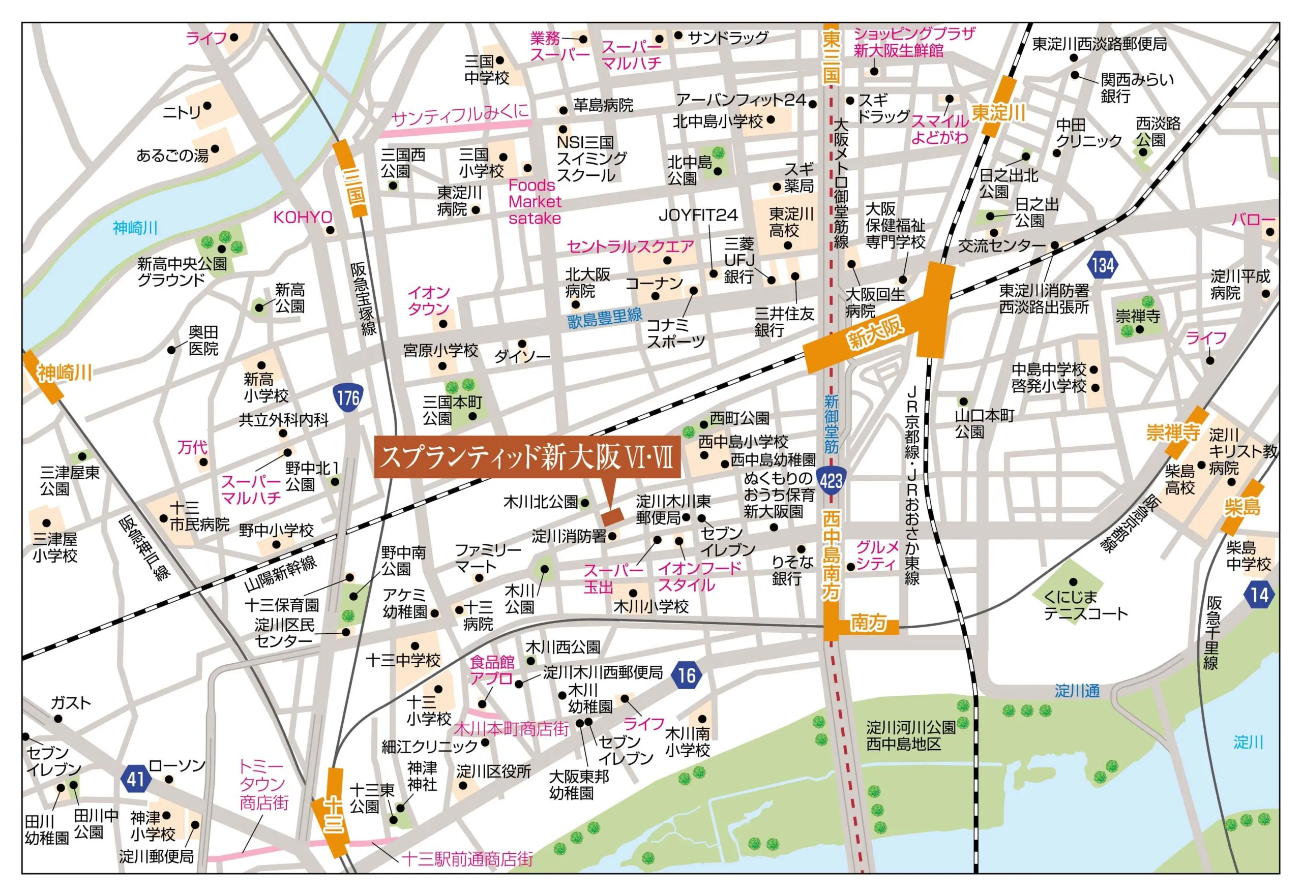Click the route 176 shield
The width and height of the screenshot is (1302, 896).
[x=348, y=397]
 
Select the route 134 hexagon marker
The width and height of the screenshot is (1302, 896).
[x=1102, y=264]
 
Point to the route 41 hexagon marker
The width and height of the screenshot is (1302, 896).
[x=135, y=779]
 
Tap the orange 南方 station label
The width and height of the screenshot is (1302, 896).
[x=868, y=623]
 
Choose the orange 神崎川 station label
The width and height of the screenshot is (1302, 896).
[x=64, y=372]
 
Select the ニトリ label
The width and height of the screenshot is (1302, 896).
[x=181, y=112]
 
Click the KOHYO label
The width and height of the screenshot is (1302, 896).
[x=303, y=218]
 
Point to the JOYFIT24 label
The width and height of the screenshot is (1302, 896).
[x=698, y=215]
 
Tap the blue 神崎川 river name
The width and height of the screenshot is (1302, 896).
[x=135, y=228]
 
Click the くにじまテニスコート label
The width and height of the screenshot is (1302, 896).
[x=1085, y=605]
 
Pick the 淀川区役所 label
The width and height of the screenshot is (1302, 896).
[x=493, y=771]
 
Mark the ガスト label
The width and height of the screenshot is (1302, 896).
[x=70, y=703]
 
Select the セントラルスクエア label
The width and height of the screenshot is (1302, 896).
[x=630, y=246]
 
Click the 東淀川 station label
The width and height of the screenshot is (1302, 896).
[x=998, y=113]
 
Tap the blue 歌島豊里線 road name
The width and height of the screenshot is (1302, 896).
[x=604, y=318]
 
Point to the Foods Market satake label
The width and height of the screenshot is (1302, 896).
[x=534, y=202]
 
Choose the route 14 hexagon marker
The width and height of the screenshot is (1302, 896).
[x=1259, y=595]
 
